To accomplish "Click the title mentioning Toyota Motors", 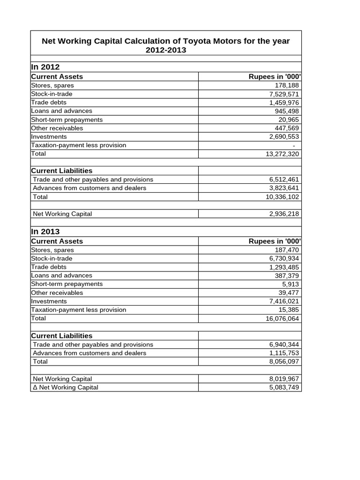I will coord(166,45).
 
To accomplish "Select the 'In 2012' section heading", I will coord(45,67).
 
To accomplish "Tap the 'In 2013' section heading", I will coord(45,232).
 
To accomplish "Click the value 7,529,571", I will coord(282,94).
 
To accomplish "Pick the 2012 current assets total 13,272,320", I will coord(280,154).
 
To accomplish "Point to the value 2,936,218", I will coord(282,214).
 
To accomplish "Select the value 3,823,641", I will coord(282,188).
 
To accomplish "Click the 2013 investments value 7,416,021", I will coord(282,301).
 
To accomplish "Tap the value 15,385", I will coord(288,310).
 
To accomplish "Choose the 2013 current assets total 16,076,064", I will coord(280,319).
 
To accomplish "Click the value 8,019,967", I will coord(282,379).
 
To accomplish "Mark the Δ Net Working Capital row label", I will coord(66,387).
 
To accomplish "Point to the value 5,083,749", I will coord(282,387).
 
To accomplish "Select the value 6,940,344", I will coord(282,345).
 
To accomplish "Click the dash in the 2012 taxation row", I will coord(293,145).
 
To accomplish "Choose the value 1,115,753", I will coord(282,353).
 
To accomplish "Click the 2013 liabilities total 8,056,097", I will coord(282,361).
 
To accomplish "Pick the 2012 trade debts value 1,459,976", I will coord(282,102).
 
